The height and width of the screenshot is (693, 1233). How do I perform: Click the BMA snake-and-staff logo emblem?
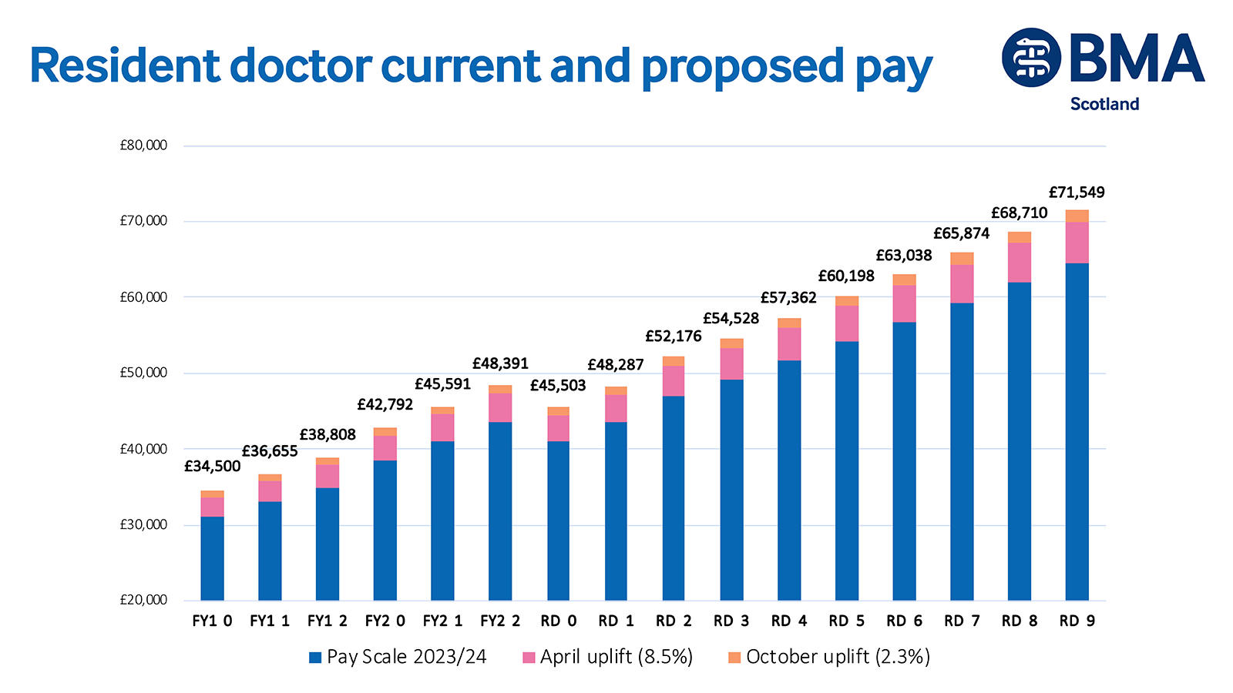pyautogui.click(x=1031, y=58)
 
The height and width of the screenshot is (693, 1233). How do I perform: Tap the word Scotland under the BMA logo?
pyautogui.click(x=1104, y=104)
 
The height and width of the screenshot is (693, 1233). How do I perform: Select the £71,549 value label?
pyautogui.click(x=1077, y=192)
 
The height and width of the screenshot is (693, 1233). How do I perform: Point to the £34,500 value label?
pyautogui.click(x=212, y=467)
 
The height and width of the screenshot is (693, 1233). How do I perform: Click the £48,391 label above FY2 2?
pyautogui.click(x=500, y=363)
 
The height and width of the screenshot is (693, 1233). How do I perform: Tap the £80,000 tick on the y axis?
pyautogui.click(x=143, y=146)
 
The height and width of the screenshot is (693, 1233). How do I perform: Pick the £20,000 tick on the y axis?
pyautogui.click(x=143, y=600)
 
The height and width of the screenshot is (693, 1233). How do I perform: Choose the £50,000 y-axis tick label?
pyautogui.click(x=143, y=373)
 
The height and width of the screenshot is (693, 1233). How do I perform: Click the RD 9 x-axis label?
pyautogui.click(x=1077, y=621)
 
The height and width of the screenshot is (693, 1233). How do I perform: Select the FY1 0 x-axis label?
pyautogui.click(x=212, y=621)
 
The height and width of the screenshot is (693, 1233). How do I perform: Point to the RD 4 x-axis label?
pyautogui.click(x=788, y=621)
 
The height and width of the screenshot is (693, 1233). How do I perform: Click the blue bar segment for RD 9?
pyautogui.click(x=1077, y=431)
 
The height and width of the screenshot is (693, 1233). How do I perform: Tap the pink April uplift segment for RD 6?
pyautogui.click(x=904, y=303)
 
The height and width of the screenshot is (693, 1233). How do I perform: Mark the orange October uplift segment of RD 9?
pyautogui.click(x=1077, y=216)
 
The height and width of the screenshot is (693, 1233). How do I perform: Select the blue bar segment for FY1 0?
pyautogui.click(x=212, y=558)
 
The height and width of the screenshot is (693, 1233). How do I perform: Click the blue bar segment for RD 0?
pyautogui.click(x=558, y=520)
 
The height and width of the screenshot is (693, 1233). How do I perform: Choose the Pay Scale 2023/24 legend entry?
pyautogui.click(x=398, y=657)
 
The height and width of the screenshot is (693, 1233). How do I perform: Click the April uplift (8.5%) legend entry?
pyautogui.click(x=607, y=657)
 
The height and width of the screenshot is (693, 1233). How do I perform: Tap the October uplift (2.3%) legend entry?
pyautogui.click(x=829, y=657)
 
